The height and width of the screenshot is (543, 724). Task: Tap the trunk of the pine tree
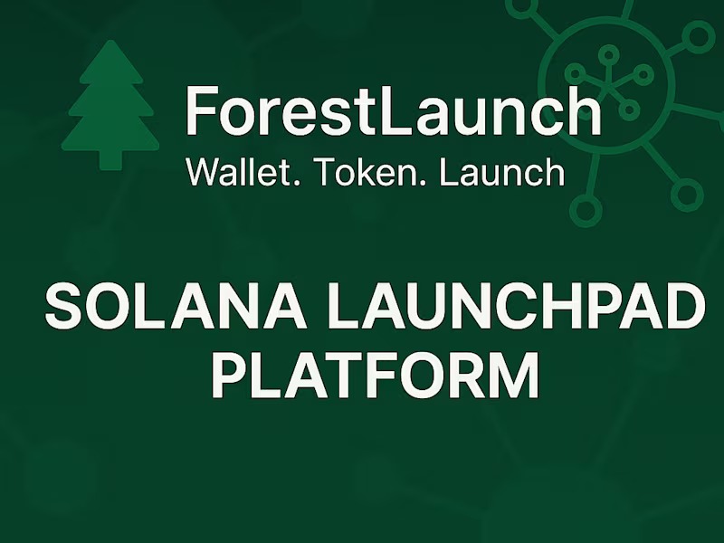coord(110,159)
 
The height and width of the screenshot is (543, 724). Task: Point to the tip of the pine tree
coord(110,43)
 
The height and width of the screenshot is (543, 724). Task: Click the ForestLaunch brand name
coord(393,111)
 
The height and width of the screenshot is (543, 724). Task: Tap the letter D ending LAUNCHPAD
coord(680,307)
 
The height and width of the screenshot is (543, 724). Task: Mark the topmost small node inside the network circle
coord(608,53)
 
